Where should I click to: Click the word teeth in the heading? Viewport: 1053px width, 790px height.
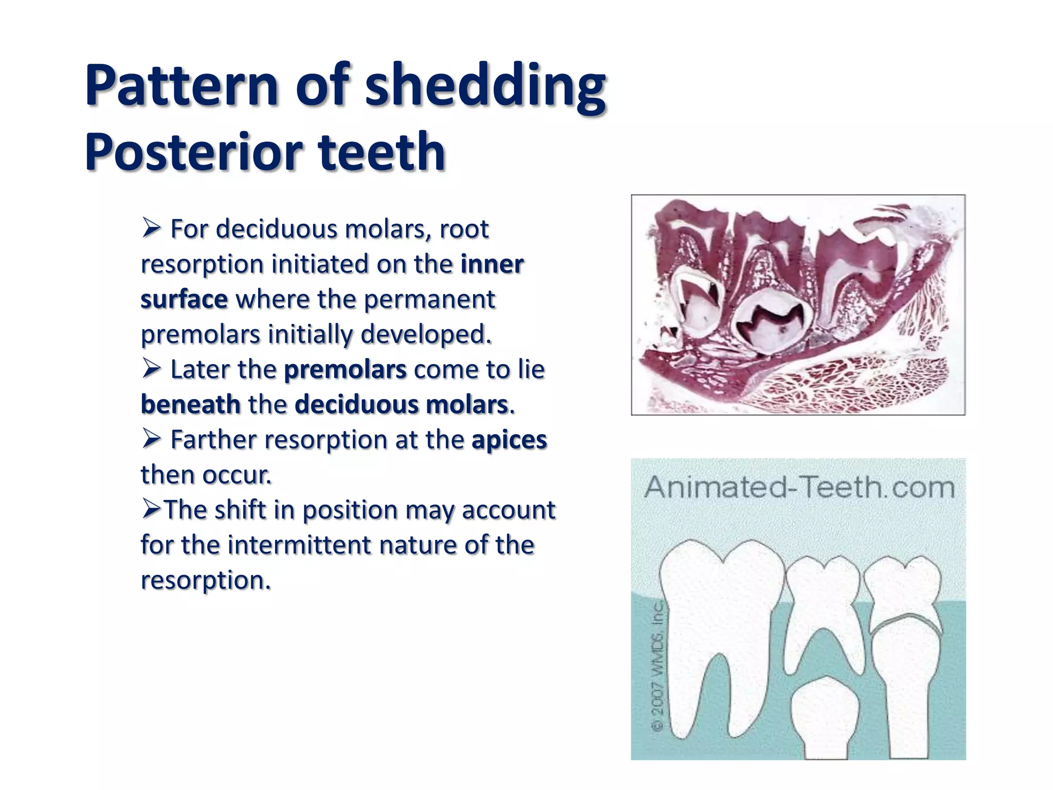pyautogui.click(x=382, y=152)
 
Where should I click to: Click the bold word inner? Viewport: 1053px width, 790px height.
pyautogui.click(x=492, y=264)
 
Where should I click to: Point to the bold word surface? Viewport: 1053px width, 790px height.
pyautogui.click(x=184, y=299)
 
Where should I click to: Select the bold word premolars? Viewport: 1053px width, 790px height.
pyautogui.click(x=345, y=370)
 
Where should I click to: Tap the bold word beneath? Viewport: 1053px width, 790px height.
pyautogui.click(x=191, y=405)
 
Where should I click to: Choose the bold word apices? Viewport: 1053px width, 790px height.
pyautogui.click(x=509, y=440)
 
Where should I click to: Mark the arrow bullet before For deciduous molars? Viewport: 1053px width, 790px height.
pyautogui.click(x=152, y=228)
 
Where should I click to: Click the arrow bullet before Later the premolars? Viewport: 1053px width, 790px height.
pyautogui.click(x=152, y=369)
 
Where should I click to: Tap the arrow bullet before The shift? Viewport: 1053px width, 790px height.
pyautogui.click(x=152, y=509)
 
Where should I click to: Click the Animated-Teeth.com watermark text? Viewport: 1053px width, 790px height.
pyautogui.click(x=799, y=487)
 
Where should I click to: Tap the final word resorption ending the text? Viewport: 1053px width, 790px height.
pyautogui.click(x=205, y=580)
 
